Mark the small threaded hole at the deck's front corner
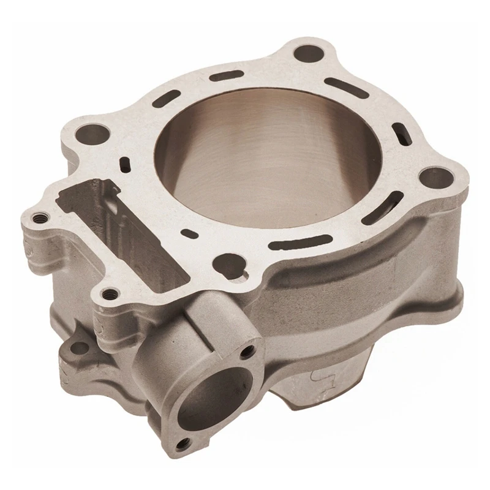click(x=110, y=296)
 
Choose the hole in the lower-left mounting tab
click(x=75, y=348)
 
